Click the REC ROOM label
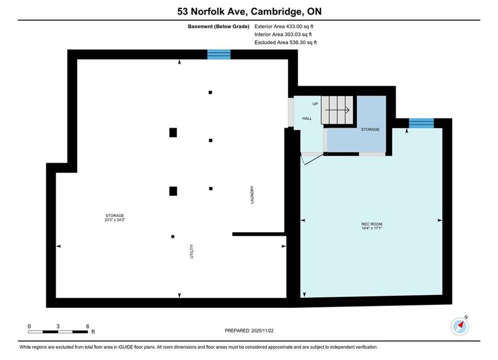pyautogui.click(x=371, y=224)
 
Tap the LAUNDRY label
pyautogui.click(x=252, y=194)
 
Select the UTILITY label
pyautogui.click(x=192, y=251)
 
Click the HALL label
pyautogui.click(x=307, y=118)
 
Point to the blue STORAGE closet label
pyautogui.click(x=370, y=129)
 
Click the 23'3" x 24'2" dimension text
pyautogui.click(x=115, y=219)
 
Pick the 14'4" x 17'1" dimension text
pyautogui.click(x=371, y=227)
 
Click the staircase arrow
pyautogui.click(x=337, y=110)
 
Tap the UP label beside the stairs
pyautogui.click(x=315, y=103)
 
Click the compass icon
pyautogui.click(x=459, y=325)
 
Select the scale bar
pyautogui.click(x=58, y=332)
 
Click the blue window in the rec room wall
pyautogui.click(x=421, y=123)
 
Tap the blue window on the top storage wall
pyautogui.click(x=219, y=54)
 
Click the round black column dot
pyautogui.click(x=173, y=236)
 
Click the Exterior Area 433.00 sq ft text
pyautogui.click(x=284, y=26)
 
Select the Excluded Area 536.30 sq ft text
pyautogui.click(x=285, y=42)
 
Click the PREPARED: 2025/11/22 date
pyautogui.click(x=249, y=330)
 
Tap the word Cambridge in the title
pyautogui.click(x=276, y=11)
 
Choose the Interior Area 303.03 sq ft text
pyautogui.click(x=283, y=34)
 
